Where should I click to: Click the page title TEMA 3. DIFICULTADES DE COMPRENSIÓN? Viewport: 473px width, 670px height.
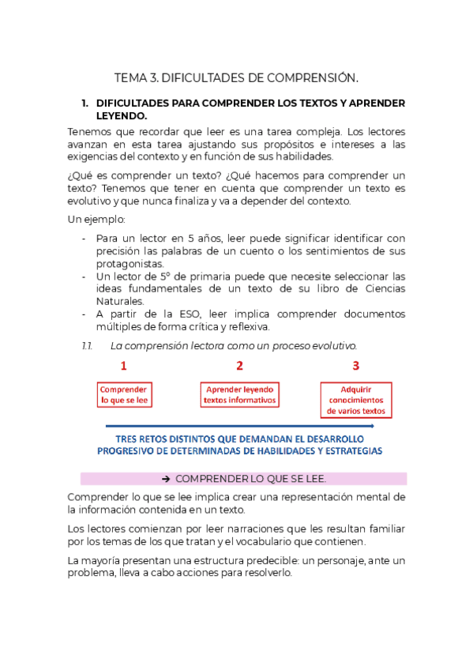coord(236,77)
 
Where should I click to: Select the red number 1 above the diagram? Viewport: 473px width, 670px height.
coord(123,366)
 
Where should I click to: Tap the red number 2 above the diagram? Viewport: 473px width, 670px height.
coord(239,366)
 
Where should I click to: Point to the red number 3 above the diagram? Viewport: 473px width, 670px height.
coord(356,366)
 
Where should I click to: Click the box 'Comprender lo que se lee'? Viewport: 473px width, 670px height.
coord(124,394)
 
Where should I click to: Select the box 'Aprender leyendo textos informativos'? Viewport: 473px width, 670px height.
coord(240,394)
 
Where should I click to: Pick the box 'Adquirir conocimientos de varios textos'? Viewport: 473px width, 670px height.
coord(356,400)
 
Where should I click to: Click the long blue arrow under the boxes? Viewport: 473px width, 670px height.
coord(237,426)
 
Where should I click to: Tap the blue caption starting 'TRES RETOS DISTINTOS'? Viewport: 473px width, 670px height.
coord(239,445)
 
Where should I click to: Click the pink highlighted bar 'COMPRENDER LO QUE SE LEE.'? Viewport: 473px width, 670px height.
coord(243,479)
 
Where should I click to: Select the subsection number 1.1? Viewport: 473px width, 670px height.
coord(88,345)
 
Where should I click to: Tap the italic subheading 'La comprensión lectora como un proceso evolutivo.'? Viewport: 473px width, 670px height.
coord(234,345)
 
